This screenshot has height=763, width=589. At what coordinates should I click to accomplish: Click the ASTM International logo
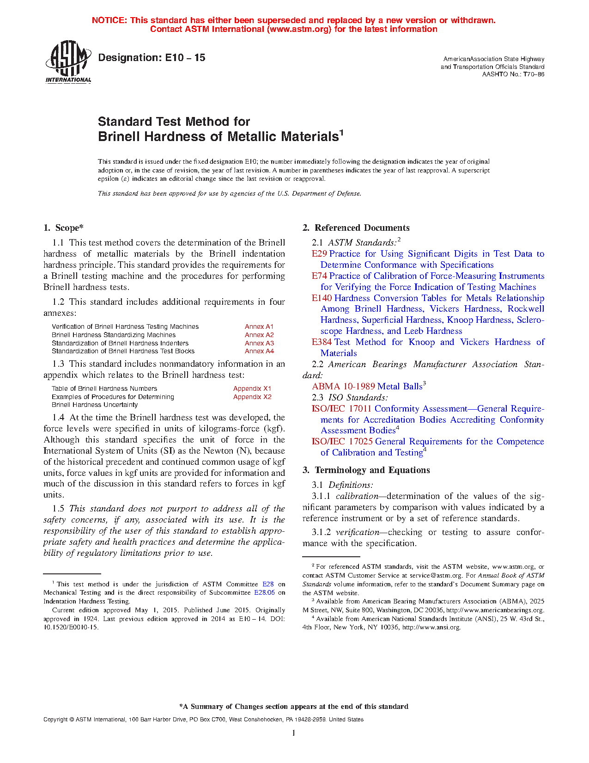click(68, 62)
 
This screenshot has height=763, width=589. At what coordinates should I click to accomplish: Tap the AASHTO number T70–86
click(534, 74)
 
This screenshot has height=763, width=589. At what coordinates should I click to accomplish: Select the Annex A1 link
click(259, 326)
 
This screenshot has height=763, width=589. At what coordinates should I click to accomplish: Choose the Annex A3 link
click(259, 343)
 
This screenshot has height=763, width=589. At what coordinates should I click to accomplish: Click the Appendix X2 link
click(252, 397)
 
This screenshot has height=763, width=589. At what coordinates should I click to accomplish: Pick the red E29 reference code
click(319, 254)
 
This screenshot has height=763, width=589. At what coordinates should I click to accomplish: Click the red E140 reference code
click(322, 298)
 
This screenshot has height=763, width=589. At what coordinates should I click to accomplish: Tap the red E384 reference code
click(322, 342)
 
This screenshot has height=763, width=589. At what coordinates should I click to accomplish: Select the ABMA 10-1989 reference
click(343, 387)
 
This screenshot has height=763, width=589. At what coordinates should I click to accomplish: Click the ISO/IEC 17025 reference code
click(342, 442)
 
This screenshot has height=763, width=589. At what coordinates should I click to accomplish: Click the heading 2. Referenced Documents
click(356, 228)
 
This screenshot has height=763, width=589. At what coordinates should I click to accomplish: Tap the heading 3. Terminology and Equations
click(366, 470)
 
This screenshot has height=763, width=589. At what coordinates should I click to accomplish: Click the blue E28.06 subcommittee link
click(264, 593)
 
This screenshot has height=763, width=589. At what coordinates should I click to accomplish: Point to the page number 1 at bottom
click(294, 733)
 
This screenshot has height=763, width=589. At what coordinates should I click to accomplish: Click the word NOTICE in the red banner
click(109, 20)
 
